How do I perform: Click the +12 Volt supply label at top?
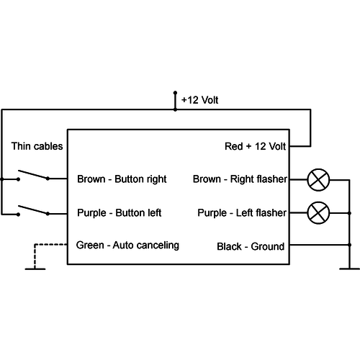click(199, 100)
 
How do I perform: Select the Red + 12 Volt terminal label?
click(256, 146)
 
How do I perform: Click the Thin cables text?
click(37, 146)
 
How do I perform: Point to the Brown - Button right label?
click(122, 179)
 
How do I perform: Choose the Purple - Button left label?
click(119, 213)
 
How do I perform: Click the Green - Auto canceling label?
click(127, 246)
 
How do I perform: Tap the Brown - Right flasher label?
click(240, 179)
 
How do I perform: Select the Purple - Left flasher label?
click(242, 213)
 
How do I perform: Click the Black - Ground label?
click(251, 247)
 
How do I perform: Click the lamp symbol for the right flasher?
click(318, 179)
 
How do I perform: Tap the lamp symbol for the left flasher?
click(318, 212)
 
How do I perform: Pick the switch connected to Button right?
click(32, 176)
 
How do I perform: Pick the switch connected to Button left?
click(32, 210)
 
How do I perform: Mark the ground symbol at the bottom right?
click(349, 270)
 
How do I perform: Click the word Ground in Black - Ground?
click(267, 247)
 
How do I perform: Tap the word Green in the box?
click(89, 246)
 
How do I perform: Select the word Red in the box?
click(234, 146)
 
